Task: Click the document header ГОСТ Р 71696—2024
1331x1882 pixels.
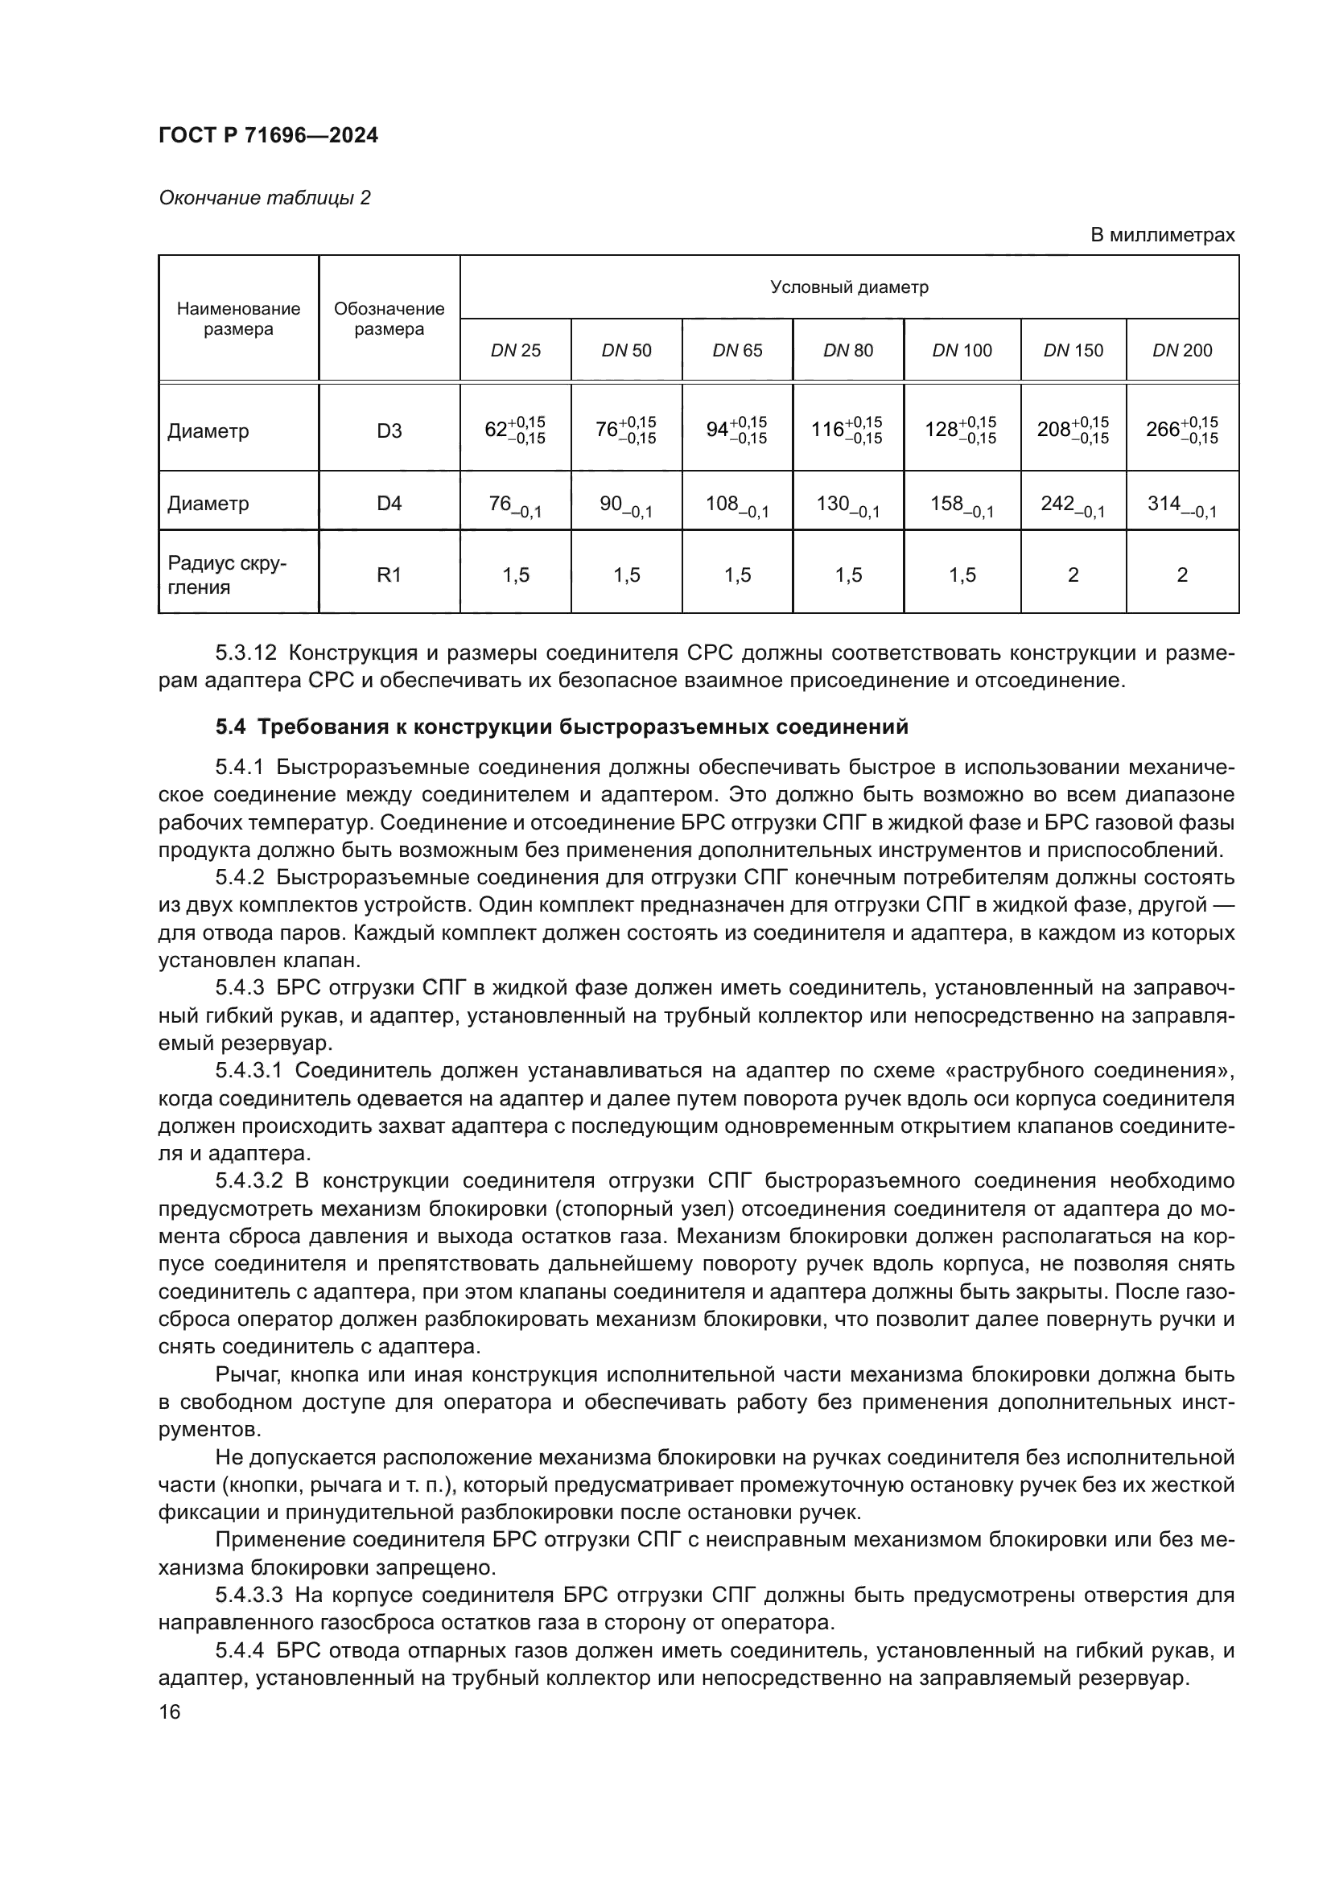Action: click(x=268, y=136)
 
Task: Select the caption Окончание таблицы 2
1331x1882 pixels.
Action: click(x=264, y=199)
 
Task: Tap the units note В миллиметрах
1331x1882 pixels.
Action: click(x=1161, y=235)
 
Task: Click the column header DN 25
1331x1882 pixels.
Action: click(x=516, y=351)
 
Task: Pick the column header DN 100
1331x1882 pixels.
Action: click(x=962, y=351)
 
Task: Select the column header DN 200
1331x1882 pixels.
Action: click(x=1182, y=351)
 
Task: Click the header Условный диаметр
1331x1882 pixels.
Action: click(x=849, y=288)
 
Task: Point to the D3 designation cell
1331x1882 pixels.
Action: click(x=389, y=431)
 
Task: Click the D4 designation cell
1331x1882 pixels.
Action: click(x=389, y=503)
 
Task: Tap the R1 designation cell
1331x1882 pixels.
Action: click(x=389, y=575)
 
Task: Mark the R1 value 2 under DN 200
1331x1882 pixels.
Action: click(x=1182, y=575)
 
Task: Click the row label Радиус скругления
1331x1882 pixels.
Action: click(x=227, y=575)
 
